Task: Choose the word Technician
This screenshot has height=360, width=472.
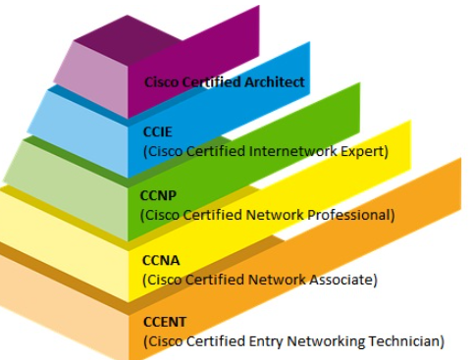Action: pos(406,340)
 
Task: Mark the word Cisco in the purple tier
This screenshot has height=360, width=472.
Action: pos(163,82)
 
